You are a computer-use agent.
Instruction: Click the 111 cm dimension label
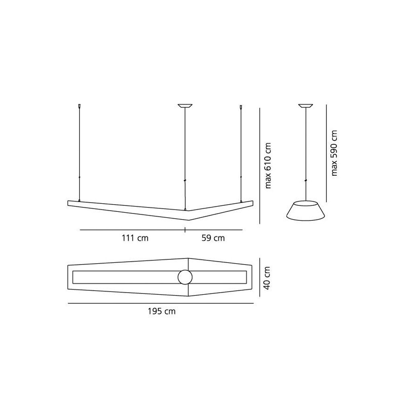click(x=135, y=238)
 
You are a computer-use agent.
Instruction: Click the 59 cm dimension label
click(x=213, y=238)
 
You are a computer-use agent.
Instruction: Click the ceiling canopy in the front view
click(x=185, y=106)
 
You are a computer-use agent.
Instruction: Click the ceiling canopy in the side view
click(x=306, y=106)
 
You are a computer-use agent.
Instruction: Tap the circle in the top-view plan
click(x=185, y=277)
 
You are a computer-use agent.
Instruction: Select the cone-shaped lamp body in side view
click(x=306, y=210)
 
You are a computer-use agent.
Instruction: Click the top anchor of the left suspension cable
click(x=79, y=107)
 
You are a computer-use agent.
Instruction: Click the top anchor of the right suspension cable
click(x=241, y=107)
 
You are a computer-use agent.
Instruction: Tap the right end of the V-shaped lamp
click(x=252, y=201)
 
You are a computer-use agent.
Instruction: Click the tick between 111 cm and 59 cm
click(x=185, y=230)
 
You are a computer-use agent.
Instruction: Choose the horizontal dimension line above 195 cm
click(x=161, y=304)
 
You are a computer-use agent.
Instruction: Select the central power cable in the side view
click(x=306, y=153)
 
